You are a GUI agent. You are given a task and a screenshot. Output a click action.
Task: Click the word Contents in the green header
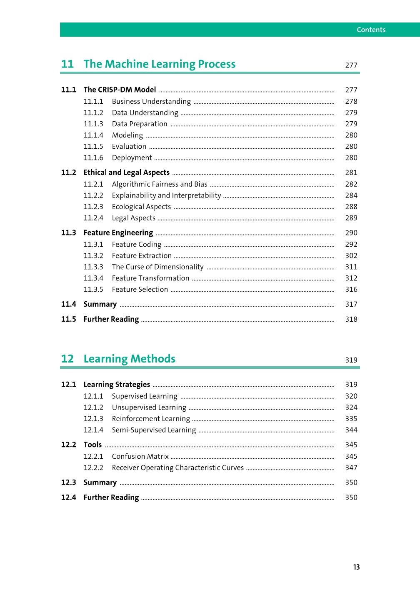[x=371, y=30]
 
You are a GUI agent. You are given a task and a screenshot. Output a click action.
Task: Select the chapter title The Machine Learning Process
[x=159, y=64]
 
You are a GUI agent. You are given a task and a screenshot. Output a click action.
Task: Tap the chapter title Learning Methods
[x=129, y=359]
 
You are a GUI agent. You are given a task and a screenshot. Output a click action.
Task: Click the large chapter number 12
[x=67, y=359]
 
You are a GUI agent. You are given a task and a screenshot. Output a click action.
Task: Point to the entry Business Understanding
[x=151, y=101]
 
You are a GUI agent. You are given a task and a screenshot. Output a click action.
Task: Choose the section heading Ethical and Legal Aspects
[x=126, y=172]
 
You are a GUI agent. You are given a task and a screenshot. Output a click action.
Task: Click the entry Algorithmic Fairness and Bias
[x=160, y=184]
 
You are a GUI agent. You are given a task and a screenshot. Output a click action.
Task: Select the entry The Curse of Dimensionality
[x=157, y=267]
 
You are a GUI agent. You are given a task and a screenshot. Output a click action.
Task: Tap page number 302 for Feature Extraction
[x=351, y=256]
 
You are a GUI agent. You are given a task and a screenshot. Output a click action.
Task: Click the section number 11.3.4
[x=93, y=278]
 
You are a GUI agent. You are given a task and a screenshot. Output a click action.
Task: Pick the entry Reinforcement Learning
[x=151, y=419]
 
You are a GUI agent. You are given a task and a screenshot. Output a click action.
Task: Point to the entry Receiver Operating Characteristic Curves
[x=177, y=468]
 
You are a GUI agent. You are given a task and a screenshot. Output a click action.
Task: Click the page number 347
[x=351, y=468]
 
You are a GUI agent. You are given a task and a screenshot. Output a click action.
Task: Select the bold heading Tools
[x=92, y=445]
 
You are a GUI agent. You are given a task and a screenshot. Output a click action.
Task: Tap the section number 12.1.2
[x=93, y=407]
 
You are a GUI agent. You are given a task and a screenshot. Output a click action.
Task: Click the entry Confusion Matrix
[x=140, y=457]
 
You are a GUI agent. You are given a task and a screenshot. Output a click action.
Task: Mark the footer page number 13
[x=356, y=567]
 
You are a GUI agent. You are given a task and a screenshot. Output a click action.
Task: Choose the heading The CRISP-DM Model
[x=120, y=90]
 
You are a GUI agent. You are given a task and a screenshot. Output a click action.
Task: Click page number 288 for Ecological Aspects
[x=351, y=207]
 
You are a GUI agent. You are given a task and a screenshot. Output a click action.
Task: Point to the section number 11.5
[x=69, y=319]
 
